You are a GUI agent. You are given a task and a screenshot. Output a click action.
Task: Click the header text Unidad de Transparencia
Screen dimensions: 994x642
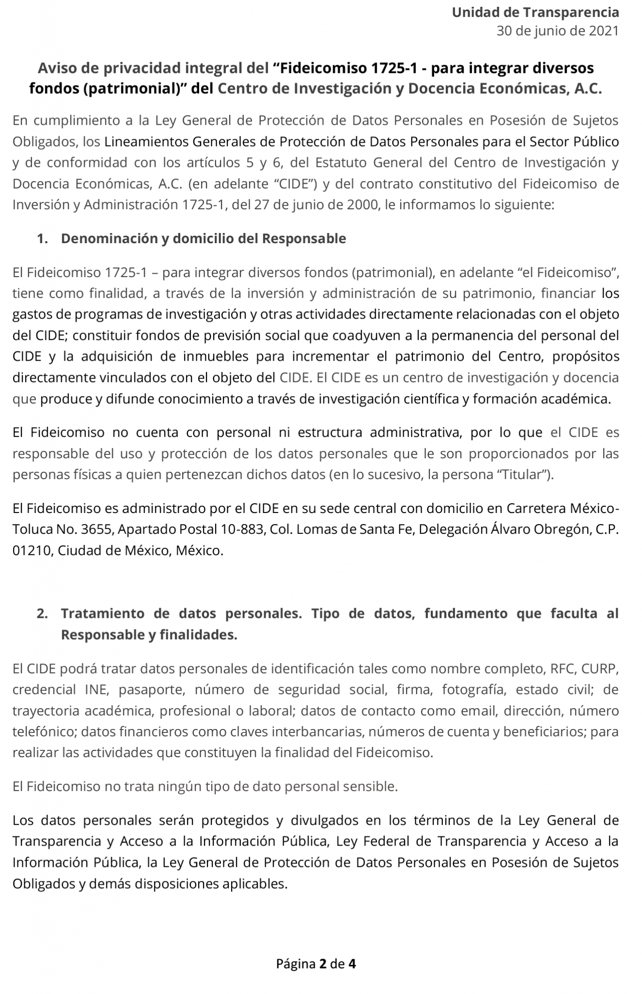[x=535, y=13]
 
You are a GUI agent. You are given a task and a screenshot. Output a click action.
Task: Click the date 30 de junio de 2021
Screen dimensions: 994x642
[x=558, y=31]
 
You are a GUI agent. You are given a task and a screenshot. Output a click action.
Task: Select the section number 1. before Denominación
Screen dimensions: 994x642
[x=42, y=239]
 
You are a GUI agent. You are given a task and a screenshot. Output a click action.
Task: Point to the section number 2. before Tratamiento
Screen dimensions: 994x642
[x=42, y=613]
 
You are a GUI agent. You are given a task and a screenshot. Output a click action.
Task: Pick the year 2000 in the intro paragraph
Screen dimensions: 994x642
[x=362, y=205]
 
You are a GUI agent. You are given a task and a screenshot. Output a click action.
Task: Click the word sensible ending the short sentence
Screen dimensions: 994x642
[x=373, y=787]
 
